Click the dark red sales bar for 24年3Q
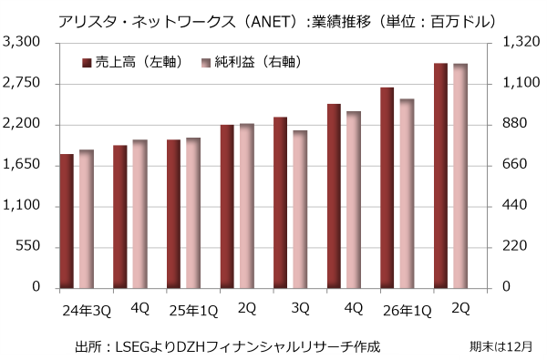[67, 221]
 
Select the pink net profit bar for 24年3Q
[87, 219]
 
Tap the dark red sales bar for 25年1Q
[174, 214]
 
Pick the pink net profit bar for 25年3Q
[300, 210]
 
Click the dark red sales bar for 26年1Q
[387, 188]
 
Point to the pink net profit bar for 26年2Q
[460, 176]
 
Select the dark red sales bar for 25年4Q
[334, 196]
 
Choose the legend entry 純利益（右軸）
[252, 63]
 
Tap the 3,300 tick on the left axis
[22, 42]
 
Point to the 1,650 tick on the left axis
[22, 164]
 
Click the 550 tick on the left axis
[28, 246]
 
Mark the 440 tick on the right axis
[515, 205]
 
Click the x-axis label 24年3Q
[87, 311]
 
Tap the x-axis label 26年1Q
[408, 311]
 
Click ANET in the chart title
[271, 22]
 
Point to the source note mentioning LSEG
[227, 346]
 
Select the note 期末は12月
[501, 346]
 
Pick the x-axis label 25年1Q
[193, 311]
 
